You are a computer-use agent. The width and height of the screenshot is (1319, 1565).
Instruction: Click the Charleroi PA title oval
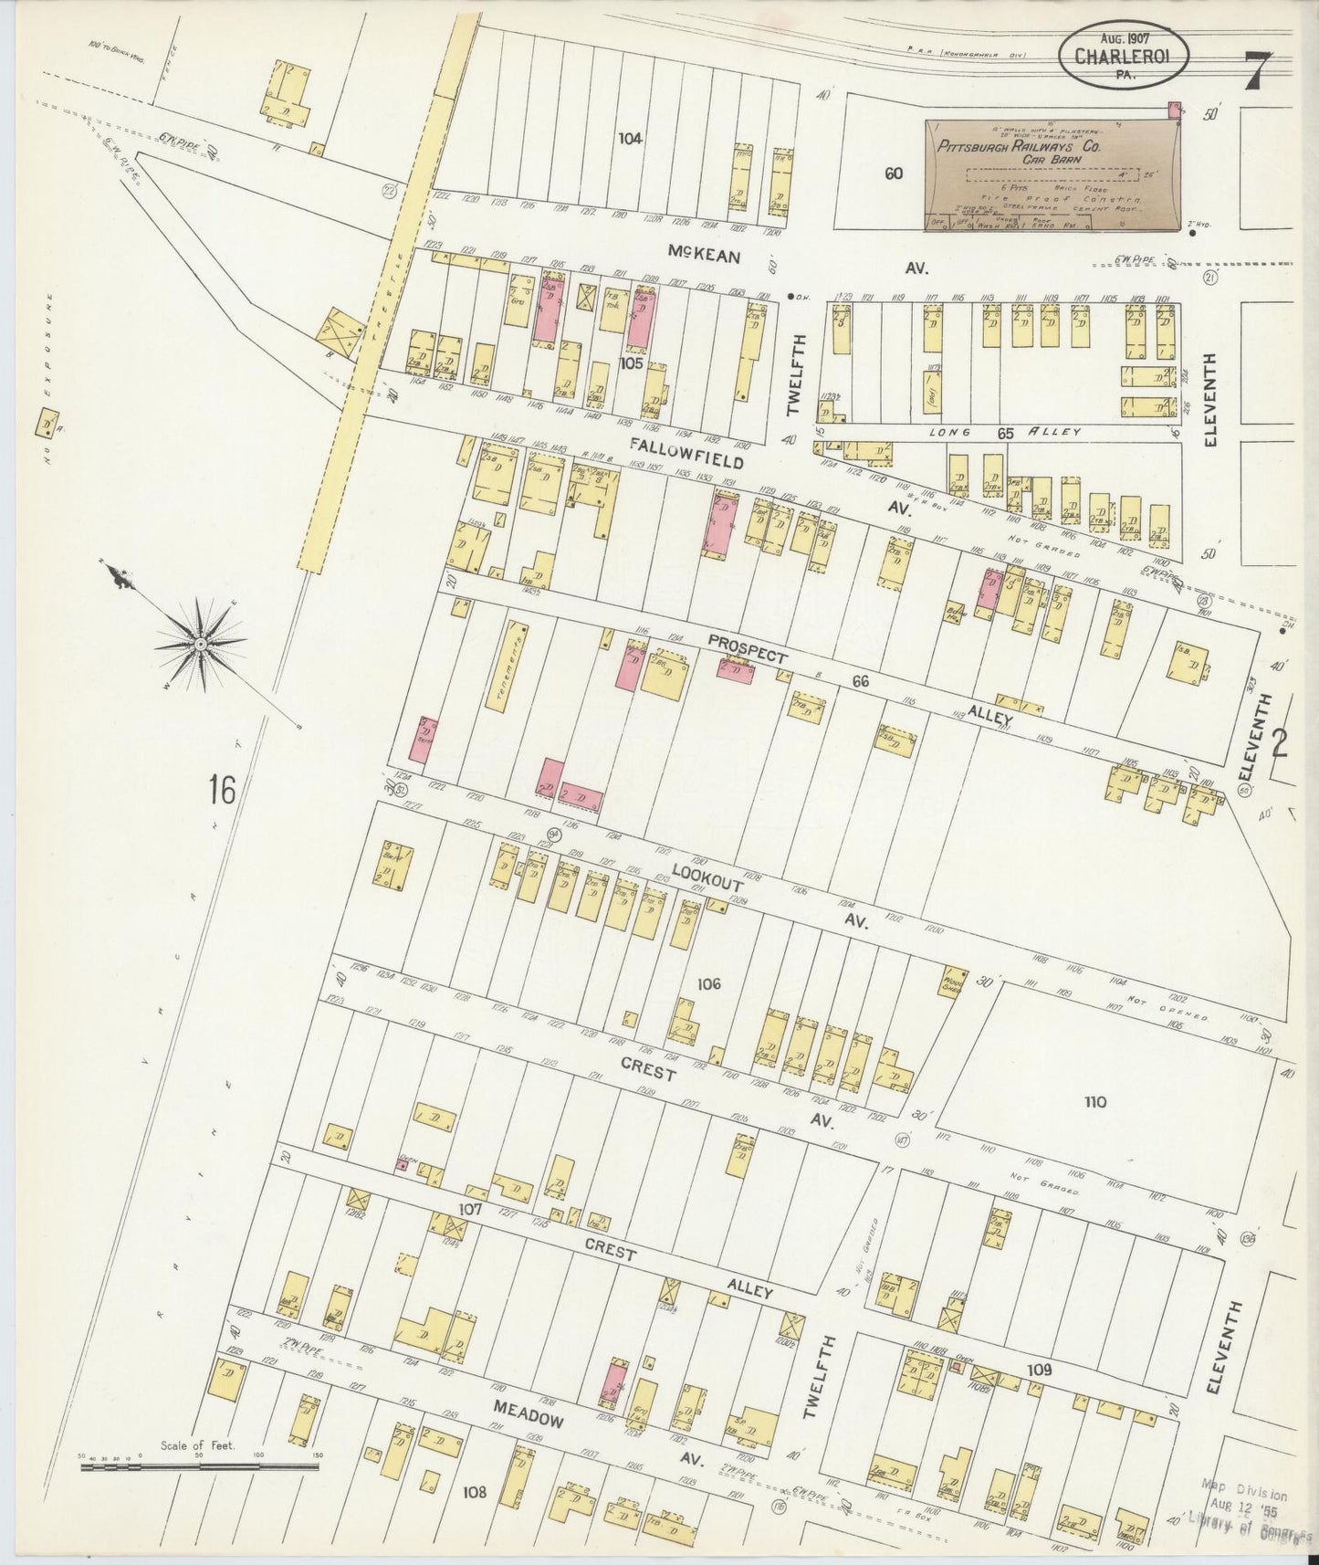[1125, 57]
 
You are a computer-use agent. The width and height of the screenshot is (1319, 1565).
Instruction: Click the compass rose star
[200, 645]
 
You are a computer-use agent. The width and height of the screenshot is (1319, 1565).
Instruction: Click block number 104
[630, 139]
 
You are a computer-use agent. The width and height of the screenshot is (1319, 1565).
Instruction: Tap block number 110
[1094, 1101]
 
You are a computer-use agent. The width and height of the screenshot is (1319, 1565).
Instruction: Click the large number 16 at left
[221, 789]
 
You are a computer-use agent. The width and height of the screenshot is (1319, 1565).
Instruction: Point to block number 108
[474, 1492]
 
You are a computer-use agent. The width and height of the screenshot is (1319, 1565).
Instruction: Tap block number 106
[708, 983]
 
